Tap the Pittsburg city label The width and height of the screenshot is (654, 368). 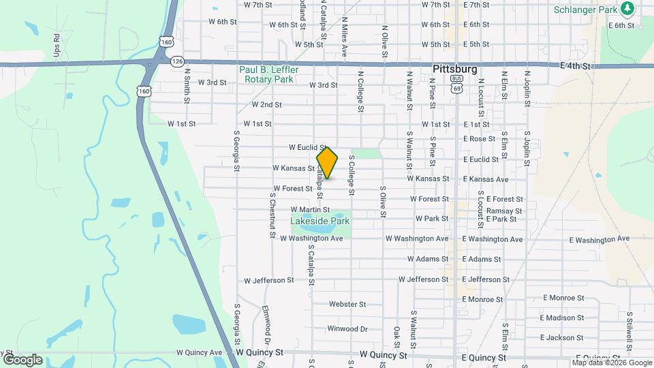click(x=454, y=70)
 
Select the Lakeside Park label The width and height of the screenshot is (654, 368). click(x=320, y=221)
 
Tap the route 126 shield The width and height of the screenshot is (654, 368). click(x=177, y=61)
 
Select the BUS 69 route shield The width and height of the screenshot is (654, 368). click(x=456, y=84)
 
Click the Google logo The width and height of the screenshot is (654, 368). click(x=22, y=359)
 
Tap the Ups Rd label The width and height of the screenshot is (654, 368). click(x=57, y=46)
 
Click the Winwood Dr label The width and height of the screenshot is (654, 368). click(x=347, y=328)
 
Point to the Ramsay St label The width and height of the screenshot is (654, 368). click(x=504, y=211)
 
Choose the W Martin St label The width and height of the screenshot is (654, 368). click(x=310, y=210)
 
